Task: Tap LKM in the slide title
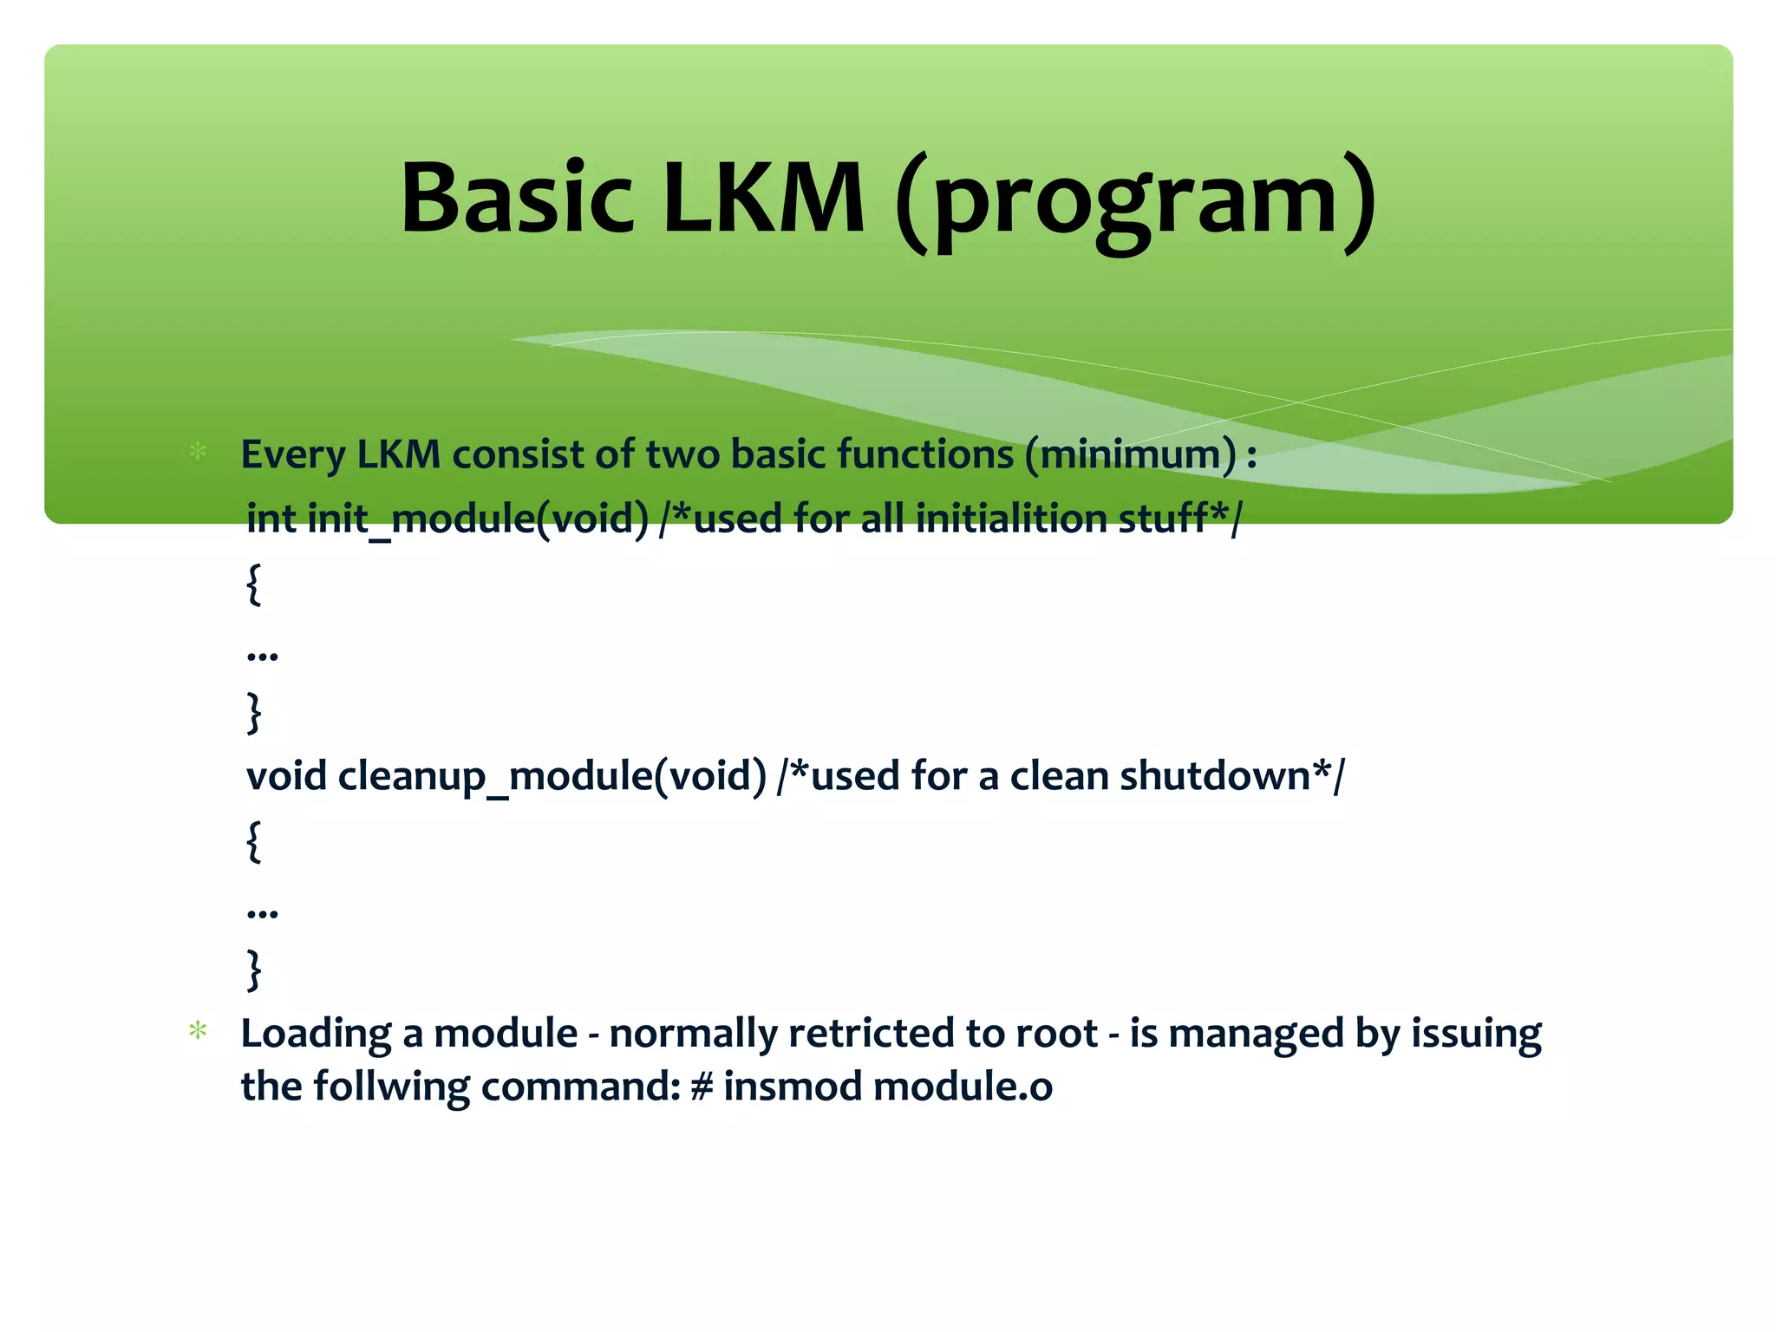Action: tap(763, 199)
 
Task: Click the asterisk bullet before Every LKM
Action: tap(198, 452)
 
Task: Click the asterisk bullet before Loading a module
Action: tap(198, 1031)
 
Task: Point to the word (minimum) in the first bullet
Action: tap(1131, 454)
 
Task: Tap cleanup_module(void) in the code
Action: tap(552, 776)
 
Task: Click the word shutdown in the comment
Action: tap(1214, 775)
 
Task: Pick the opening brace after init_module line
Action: tap(253, 584)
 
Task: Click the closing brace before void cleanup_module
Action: tap(253, 712)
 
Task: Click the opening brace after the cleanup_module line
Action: tap(253, 840)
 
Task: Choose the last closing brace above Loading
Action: tap(253, 969)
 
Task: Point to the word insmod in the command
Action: tap(793, 1087)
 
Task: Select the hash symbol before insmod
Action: tap(701, 1087)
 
